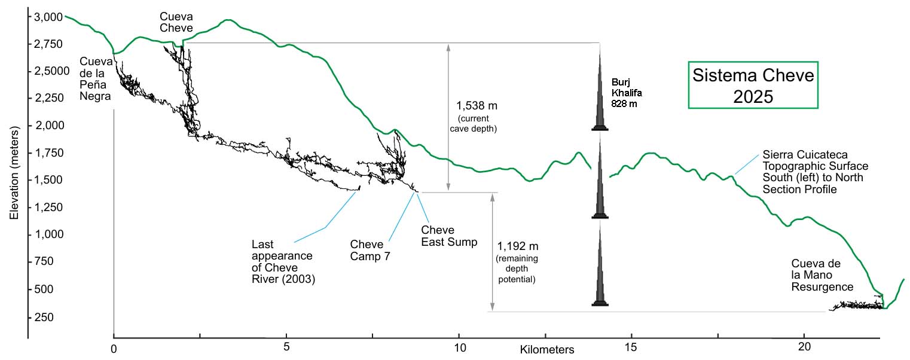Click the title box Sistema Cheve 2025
[753, 85]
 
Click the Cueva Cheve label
[176, 22]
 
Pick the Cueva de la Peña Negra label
[96, 81]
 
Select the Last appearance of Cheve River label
[282, 261]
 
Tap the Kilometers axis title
[547, 349]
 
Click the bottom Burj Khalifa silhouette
[600, 266]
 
